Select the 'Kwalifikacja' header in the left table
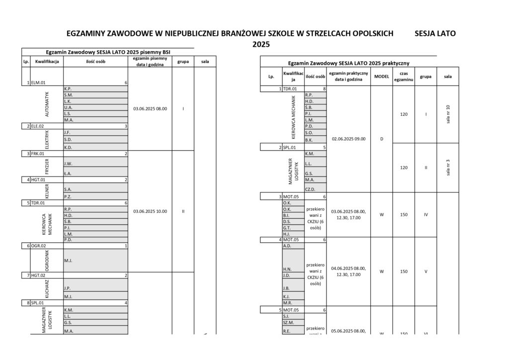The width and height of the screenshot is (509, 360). pyautogui.click(x=47, y=62)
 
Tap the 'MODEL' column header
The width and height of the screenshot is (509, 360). pyautogui.click(x=381, y=77)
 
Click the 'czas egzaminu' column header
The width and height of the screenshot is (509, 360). pyautogui.click(x=404, y=77)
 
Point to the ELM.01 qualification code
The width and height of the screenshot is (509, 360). pyautogui.click(x=38, y=83)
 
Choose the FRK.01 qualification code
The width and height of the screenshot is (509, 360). pyautogui.click(x=38, y=154)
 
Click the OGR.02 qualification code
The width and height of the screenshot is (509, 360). pyautogui.click(x=39, y=246)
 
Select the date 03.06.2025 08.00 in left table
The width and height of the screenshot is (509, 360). pyautogui.click(x=150, y=108)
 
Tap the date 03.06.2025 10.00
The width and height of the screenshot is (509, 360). pyautogui.click(x=150, y=211)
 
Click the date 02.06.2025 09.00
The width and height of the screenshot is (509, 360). pyautogui.click(x=348, y=139)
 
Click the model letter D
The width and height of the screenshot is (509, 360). pyautogui.click(x=381, y=139)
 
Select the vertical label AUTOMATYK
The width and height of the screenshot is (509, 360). pyautogui.click(x=47, y=104)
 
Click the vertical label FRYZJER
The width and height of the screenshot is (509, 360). pyautogui.click(x=47, y=166)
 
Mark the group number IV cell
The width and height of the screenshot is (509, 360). pyautogui.click(x=425, y=215)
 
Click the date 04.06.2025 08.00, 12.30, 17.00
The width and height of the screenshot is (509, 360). pyautogui.click(x=348, y=271)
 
